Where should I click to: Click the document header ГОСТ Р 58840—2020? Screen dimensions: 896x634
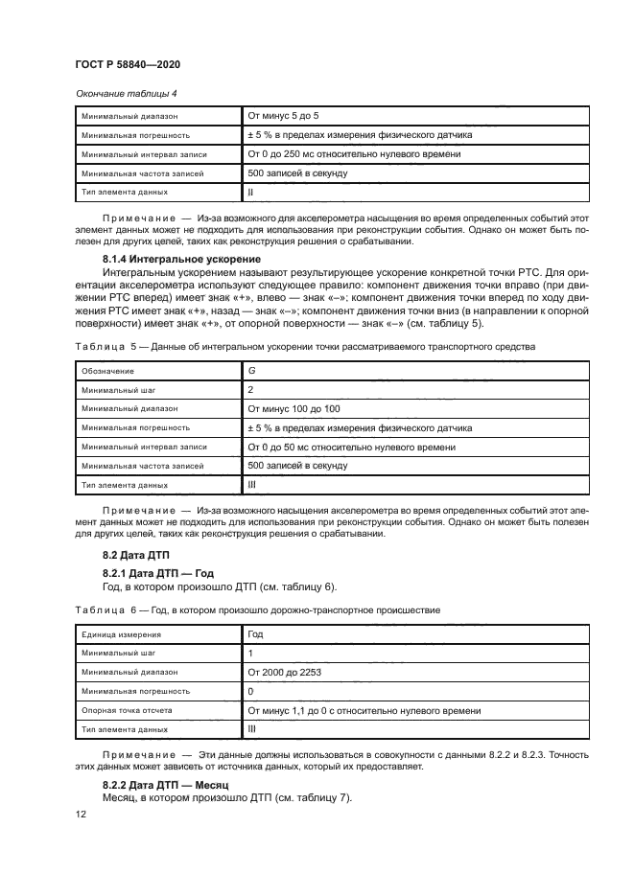(128, 63)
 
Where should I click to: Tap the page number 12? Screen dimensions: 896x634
(81, 814)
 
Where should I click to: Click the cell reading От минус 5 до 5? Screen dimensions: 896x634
(284, 116)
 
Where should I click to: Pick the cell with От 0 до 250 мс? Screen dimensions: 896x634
(354, 154)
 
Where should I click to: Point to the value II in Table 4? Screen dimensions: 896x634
(251, 193)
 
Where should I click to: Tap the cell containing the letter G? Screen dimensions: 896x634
(251, 370)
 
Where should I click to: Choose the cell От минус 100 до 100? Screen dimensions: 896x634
(294, 408)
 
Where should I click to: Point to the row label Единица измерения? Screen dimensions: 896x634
(121, 634)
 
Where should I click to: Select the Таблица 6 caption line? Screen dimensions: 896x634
(256, 610)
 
